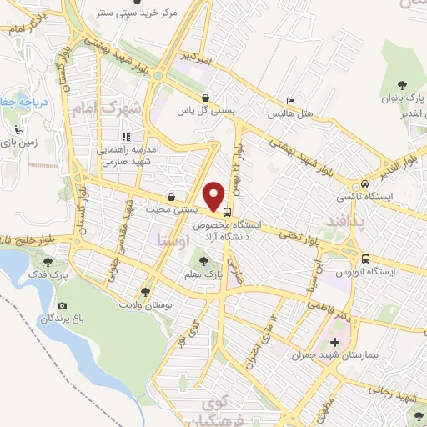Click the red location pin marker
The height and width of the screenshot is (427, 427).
(215, 196)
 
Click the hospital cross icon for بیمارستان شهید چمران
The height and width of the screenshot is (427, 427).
(334, 343)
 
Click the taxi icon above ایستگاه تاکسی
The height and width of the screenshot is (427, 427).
(364, 185)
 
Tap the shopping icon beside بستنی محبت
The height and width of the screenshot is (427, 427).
(171, 198)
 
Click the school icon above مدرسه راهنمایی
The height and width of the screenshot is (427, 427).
(127, 137)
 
